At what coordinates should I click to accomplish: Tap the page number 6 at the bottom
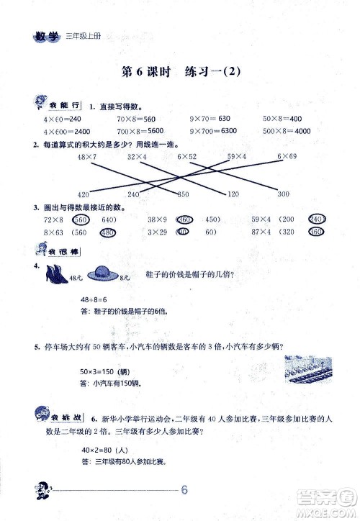tap(185, 491)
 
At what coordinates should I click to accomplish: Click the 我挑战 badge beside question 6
tap(58, 417)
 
